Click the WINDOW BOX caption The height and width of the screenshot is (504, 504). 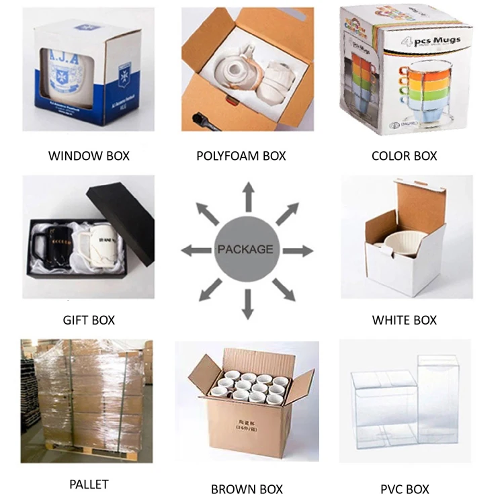pos(89,156)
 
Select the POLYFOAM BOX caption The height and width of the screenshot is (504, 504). pos(241,156)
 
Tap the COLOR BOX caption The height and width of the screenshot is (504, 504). pos(404,156)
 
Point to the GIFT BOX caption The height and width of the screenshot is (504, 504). pos(89,320)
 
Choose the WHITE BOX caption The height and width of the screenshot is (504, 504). pos(404,320)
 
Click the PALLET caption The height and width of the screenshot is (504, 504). pos(89,484)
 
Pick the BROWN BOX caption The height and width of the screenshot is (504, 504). pos(247,489)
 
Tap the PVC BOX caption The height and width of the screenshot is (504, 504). pos(404,489)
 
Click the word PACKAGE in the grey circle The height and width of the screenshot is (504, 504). pos(245,249)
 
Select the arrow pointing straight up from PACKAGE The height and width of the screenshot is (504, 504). pos(248,196)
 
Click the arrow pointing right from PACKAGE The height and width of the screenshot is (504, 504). pos(298,251)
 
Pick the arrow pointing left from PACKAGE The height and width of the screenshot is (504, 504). pos(196,251)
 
